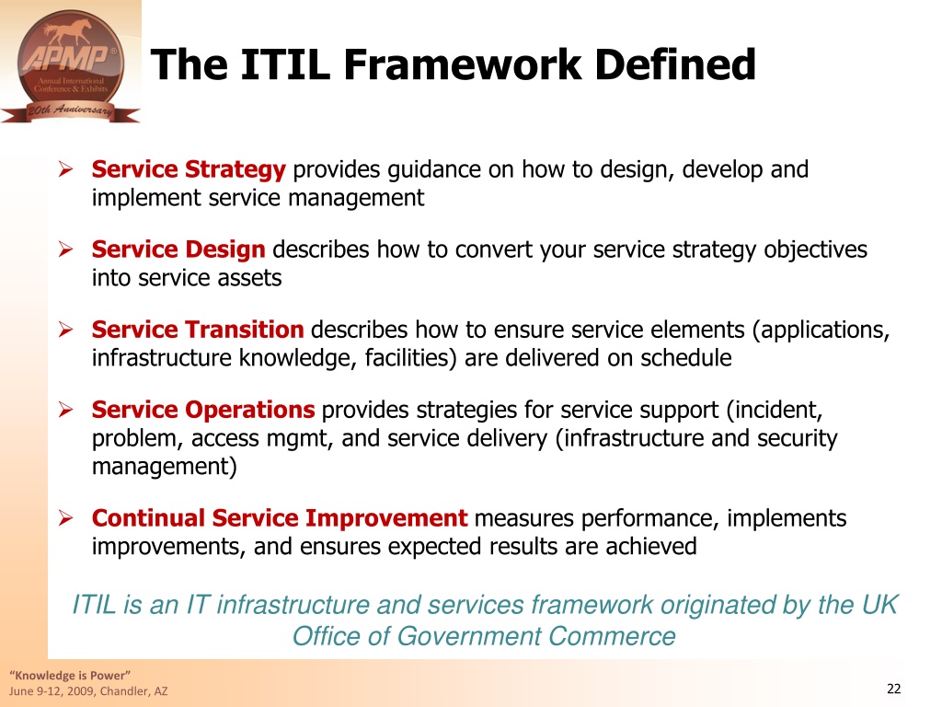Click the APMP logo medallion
click(71, 65)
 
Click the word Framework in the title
click(463, 64)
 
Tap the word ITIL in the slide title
click(285, 64)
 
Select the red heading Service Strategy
click(189, 169)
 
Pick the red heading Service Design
click(178, 249)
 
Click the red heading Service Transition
click(198, 330)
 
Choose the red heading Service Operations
click(203, 410)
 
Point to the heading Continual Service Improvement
click(280, 517)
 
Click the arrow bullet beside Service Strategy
click(66, 169)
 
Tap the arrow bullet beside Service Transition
click(66, 330)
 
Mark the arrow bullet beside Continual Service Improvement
click(66, 517)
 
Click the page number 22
click(894, 689)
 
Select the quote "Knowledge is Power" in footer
click(70, 675)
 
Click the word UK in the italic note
click(879, 605)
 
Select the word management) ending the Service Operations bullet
click(165, 467)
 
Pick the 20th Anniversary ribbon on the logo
click(71, 111)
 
